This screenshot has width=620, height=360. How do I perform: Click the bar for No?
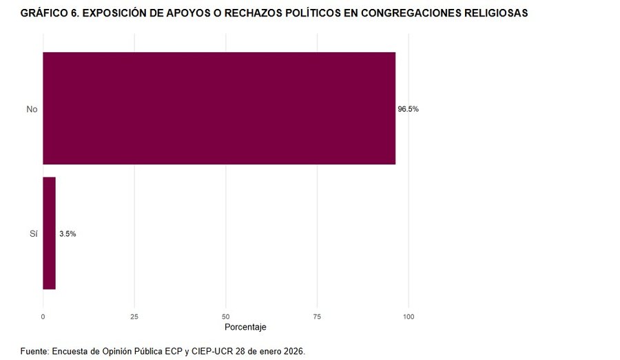[219, 108]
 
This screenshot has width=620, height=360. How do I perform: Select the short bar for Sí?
[49, 233]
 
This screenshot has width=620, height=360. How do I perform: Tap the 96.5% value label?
[408, 109]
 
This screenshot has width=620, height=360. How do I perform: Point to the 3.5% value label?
[68, 234]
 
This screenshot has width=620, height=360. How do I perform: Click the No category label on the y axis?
[32, 109]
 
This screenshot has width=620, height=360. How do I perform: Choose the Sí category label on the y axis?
[33, 234]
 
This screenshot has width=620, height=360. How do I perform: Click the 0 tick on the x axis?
[43, 317]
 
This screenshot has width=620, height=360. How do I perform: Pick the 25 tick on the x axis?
[134, 317]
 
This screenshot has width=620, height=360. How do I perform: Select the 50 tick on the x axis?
[226, 317]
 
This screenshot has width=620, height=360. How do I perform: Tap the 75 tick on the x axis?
[318, 317]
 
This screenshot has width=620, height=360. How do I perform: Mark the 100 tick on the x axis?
[409, 317]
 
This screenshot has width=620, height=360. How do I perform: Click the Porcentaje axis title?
[245, 327]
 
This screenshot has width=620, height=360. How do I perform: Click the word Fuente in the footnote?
[34, 351]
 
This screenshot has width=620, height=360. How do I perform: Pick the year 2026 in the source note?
[293, 351]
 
